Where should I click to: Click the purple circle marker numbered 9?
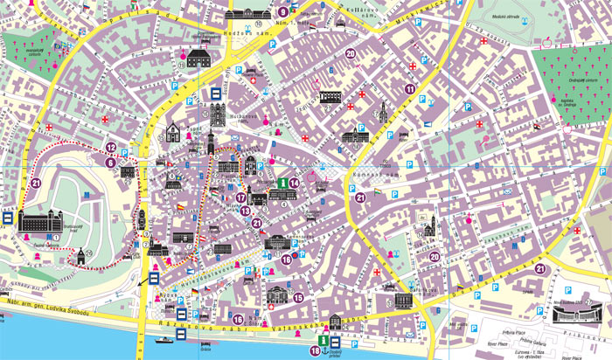(x=283, y=11)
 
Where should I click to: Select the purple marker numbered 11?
(x=409, y=89)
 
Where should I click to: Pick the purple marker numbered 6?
(x=110, y=162)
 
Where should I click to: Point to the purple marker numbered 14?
(x=295, y=183)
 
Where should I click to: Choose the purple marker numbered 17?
(x=241, y=198)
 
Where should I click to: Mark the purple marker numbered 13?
(x=246, y=211)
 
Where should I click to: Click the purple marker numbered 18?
(x=315, y=350)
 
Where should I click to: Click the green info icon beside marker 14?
(x=282, y=183)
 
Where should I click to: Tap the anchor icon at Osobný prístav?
(x=338, y=340)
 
